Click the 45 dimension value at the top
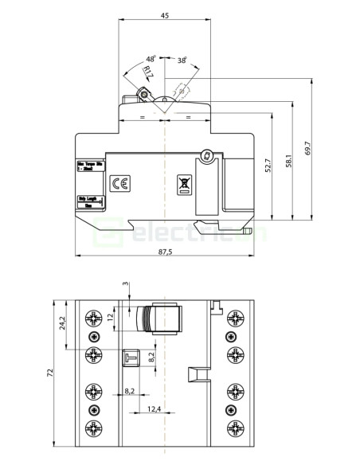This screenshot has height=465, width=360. (163, 14)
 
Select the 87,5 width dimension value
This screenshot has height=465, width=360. (165, 251)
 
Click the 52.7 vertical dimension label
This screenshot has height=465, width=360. (268, 165)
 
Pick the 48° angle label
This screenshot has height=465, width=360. (151, 60)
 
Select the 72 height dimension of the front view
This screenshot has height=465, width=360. (50, 372)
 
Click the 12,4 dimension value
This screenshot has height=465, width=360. (154, 409)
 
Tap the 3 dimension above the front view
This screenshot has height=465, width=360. (125, 283)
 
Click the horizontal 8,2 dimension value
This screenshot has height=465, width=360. (129, 391)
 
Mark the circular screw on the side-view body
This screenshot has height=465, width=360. (205, 157)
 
